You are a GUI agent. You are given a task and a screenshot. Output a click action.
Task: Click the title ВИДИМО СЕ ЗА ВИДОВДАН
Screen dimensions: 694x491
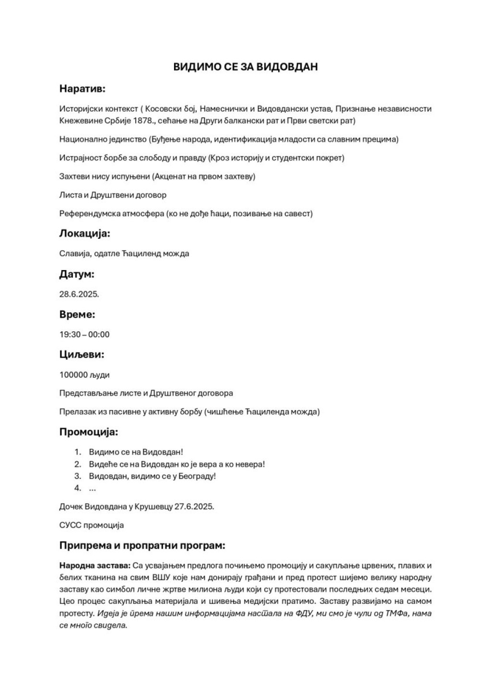(245, 67)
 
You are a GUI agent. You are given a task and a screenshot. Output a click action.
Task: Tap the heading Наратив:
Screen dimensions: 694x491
(82, 89)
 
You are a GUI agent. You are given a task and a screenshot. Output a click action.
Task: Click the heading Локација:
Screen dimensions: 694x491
(84, 234)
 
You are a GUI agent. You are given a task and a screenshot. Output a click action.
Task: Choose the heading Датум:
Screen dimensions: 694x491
(77, 274)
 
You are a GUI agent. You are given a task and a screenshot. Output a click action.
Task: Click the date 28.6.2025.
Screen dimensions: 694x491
(79, 294)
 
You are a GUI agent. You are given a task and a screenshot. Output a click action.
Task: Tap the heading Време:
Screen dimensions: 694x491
(77, 315)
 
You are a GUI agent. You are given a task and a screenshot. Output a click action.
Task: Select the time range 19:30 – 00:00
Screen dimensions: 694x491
(84, 334)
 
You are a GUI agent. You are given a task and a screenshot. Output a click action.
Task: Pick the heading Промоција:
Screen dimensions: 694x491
(89, 432)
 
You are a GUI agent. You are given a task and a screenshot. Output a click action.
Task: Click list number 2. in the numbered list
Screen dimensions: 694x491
(78, 464)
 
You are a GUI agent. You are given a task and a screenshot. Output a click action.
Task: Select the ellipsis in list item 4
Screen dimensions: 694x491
(93, 488)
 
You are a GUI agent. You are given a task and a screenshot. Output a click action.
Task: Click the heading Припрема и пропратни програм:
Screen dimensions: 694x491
(142, 546)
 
